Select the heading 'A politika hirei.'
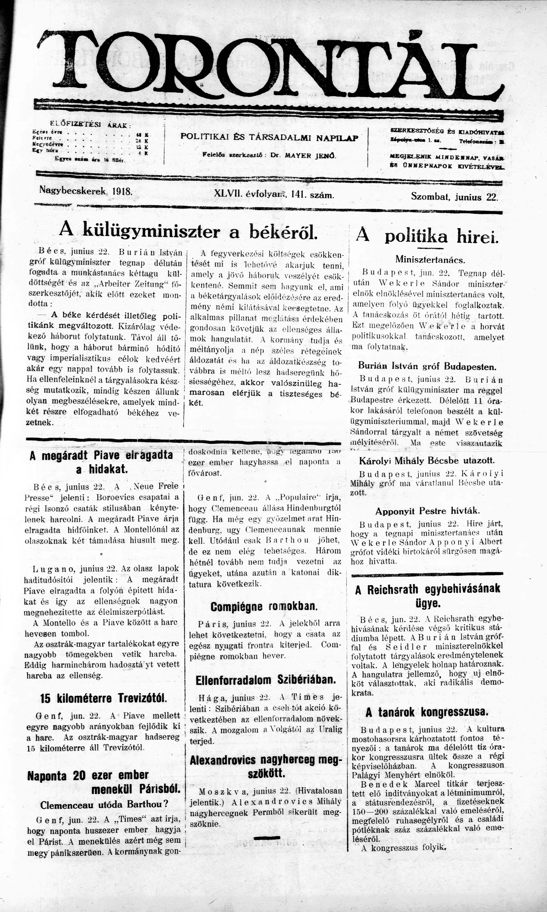coord(427,236)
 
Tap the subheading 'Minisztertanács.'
coord(430,259)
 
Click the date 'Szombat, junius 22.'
coord(454,197)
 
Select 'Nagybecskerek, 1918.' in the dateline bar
coord(86,191)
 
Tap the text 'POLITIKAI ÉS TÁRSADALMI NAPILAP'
coord(269,137)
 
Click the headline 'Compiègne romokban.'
coord(264,606)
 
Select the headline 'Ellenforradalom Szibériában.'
coord(266,680)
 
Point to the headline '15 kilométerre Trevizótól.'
coord(103,698)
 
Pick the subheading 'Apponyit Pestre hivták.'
coord(428,511)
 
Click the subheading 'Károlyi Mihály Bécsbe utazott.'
coord(427,460)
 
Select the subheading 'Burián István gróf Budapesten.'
coord(427,367)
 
